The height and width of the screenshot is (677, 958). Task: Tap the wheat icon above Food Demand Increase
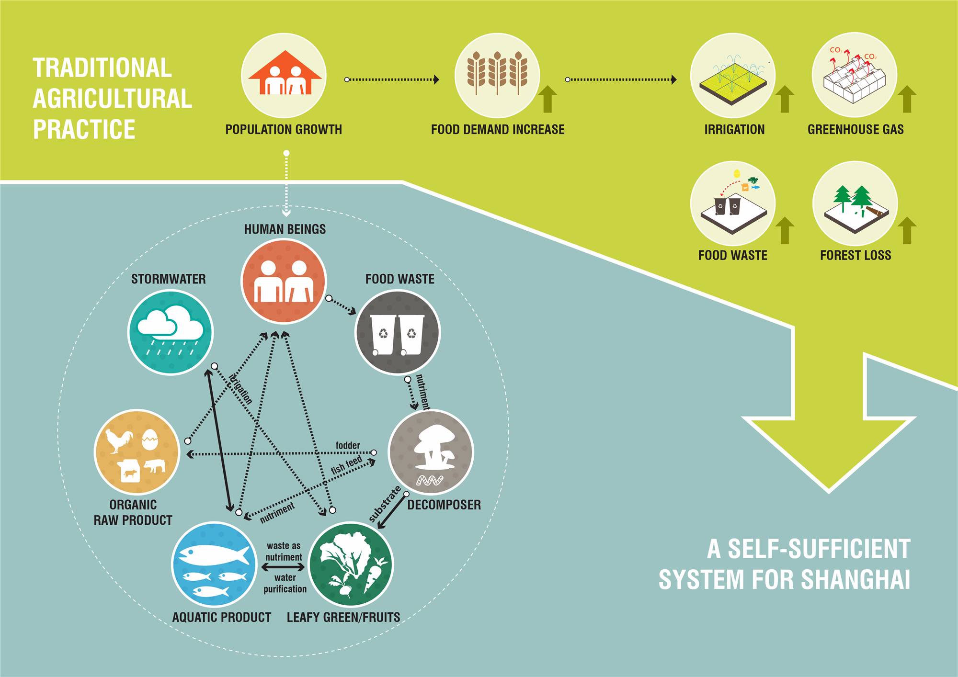(x=497, y=74)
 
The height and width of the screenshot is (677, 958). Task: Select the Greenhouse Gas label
(x=855, y=129)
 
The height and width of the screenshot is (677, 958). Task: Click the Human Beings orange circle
(x=284, y=282)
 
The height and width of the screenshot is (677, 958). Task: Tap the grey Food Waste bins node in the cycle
(x=397, y=333)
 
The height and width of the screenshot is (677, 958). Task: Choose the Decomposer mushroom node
(x=431, y=452)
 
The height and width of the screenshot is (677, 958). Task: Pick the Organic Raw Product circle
(x=137, y=452)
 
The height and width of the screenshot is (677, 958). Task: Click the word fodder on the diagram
(x=348, y=445)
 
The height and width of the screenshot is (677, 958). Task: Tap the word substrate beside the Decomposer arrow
(x=385, y=504)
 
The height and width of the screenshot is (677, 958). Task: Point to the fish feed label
(x=346, y=465)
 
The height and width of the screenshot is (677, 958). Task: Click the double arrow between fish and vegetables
(x=284, y=567)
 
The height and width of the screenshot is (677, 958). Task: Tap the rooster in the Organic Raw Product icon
(x=118, y=440)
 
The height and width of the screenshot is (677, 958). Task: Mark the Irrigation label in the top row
(x=734, y=129)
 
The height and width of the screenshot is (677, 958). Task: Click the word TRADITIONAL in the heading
(x=102, y=68)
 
